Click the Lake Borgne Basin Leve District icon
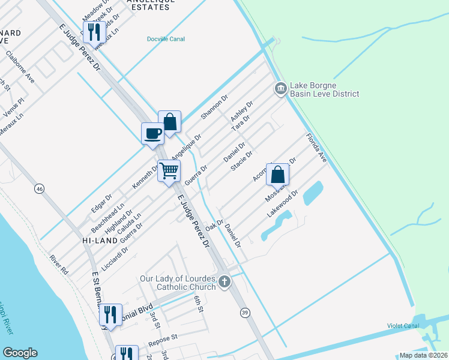click(x=280, y=89)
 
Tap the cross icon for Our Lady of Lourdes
click(x=224, y=281)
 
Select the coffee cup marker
click(x=152, y=133)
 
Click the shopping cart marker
click(x=169, y=171)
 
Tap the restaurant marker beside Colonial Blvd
click(x=110, y=313)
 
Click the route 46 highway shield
click(x=40, y=189)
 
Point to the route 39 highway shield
click(x=244, y=312)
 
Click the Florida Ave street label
click(x=316, y=147)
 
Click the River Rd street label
click(x=59, y=265)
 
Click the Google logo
click(x=20, y=353)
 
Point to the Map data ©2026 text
click(x=423, y=355)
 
